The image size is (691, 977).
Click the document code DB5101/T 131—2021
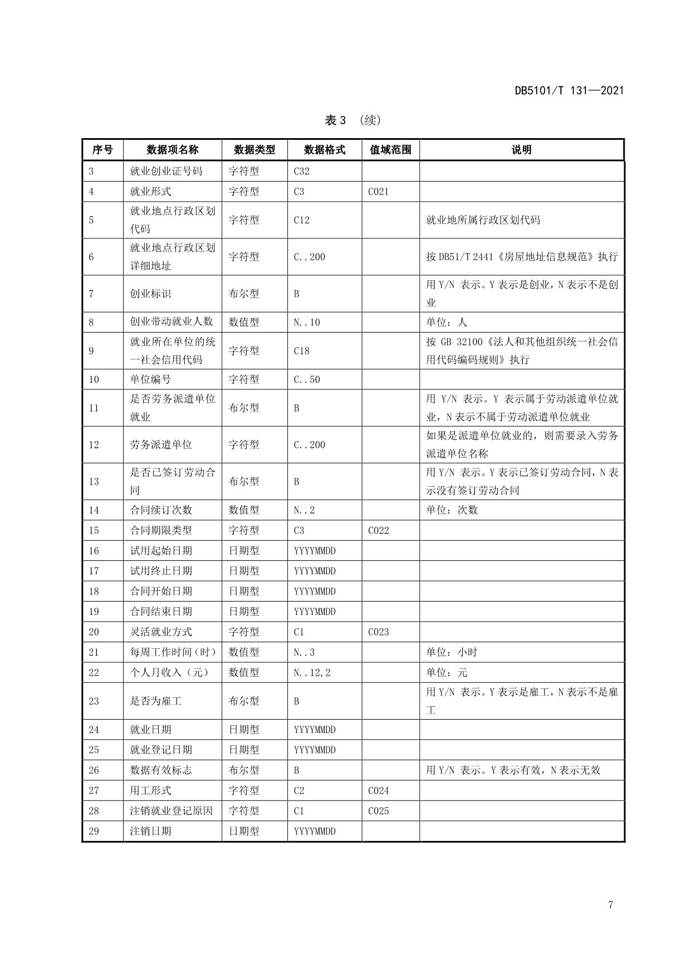[x=569, y=91]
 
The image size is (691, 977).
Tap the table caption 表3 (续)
[x=353, y=120]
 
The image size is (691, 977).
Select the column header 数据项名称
[x=172, y=150]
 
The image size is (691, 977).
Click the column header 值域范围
[x=390, y=150]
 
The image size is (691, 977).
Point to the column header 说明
[x=521, y=150]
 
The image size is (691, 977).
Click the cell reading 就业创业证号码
[x=166, y=171]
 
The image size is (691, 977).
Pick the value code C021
[x=378, y=192]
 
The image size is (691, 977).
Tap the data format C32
[x=301, y=171]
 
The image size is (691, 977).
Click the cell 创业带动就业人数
[x=171, y=322]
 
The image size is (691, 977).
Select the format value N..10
[x=306, y=322]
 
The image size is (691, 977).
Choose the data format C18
[x=301, y=351]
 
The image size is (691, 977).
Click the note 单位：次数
[x=452, y=510]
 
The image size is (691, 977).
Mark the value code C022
[x=378, y=530]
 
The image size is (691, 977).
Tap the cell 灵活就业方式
[x=161, y=632]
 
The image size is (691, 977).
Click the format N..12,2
[x=312, y=672]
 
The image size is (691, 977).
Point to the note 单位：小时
[x=452, y=652]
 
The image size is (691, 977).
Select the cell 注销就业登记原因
[x=171, y=811]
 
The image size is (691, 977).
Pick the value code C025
[x=378, y=811]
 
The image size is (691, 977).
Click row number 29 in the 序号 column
[x=94, y=831]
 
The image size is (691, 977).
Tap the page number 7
[x=610, y=905]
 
